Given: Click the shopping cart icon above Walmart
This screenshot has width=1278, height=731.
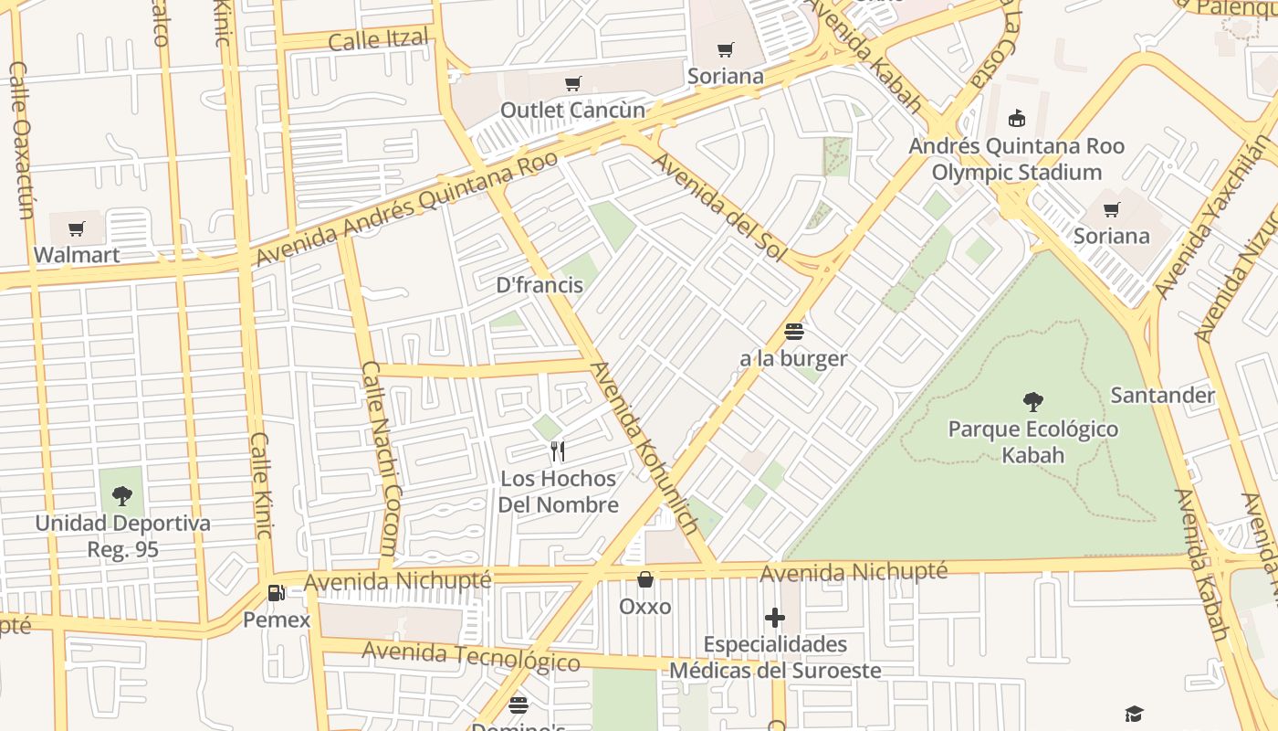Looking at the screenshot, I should tap(77, 228).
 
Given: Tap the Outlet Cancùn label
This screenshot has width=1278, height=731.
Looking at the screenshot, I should tap(572, 111).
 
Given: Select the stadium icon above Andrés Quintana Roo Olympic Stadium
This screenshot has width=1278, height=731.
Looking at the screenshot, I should tap(1016, 118).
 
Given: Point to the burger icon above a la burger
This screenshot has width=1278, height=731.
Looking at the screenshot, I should tap(793, 332).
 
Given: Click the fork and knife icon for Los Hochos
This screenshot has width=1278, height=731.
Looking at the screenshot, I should tap(558, 450).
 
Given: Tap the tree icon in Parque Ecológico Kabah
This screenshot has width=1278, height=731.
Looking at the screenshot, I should tap(1033, 401).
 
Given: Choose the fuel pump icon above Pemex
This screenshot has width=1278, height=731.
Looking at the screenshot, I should tap(277, 593).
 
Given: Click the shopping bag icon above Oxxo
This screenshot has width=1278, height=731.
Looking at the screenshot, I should tap(645, 579).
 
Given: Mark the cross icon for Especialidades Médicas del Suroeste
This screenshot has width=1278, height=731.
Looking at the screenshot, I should tap(775, 619).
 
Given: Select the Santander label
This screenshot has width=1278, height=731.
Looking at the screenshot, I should tap(1162, 396).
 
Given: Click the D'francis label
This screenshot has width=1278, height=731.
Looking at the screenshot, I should tap(539, 285).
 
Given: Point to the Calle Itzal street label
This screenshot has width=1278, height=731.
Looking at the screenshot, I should tap(378, 40).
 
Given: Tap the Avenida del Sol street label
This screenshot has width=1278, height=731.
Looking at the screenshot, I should tap(719, 205).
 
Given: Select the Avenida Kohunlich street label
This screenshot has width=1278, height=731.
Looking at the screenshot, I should tap(644, 449).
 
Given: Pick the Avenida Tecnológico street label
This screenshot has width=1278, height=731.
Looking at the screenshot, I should tap(471, 656).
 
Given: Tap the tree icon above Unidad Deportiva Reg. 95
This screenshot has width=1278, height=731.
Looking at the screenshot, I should tap(121, 496).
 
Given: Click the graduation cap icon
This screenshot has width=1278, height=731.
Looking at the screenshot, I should tap(1133, 714).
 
